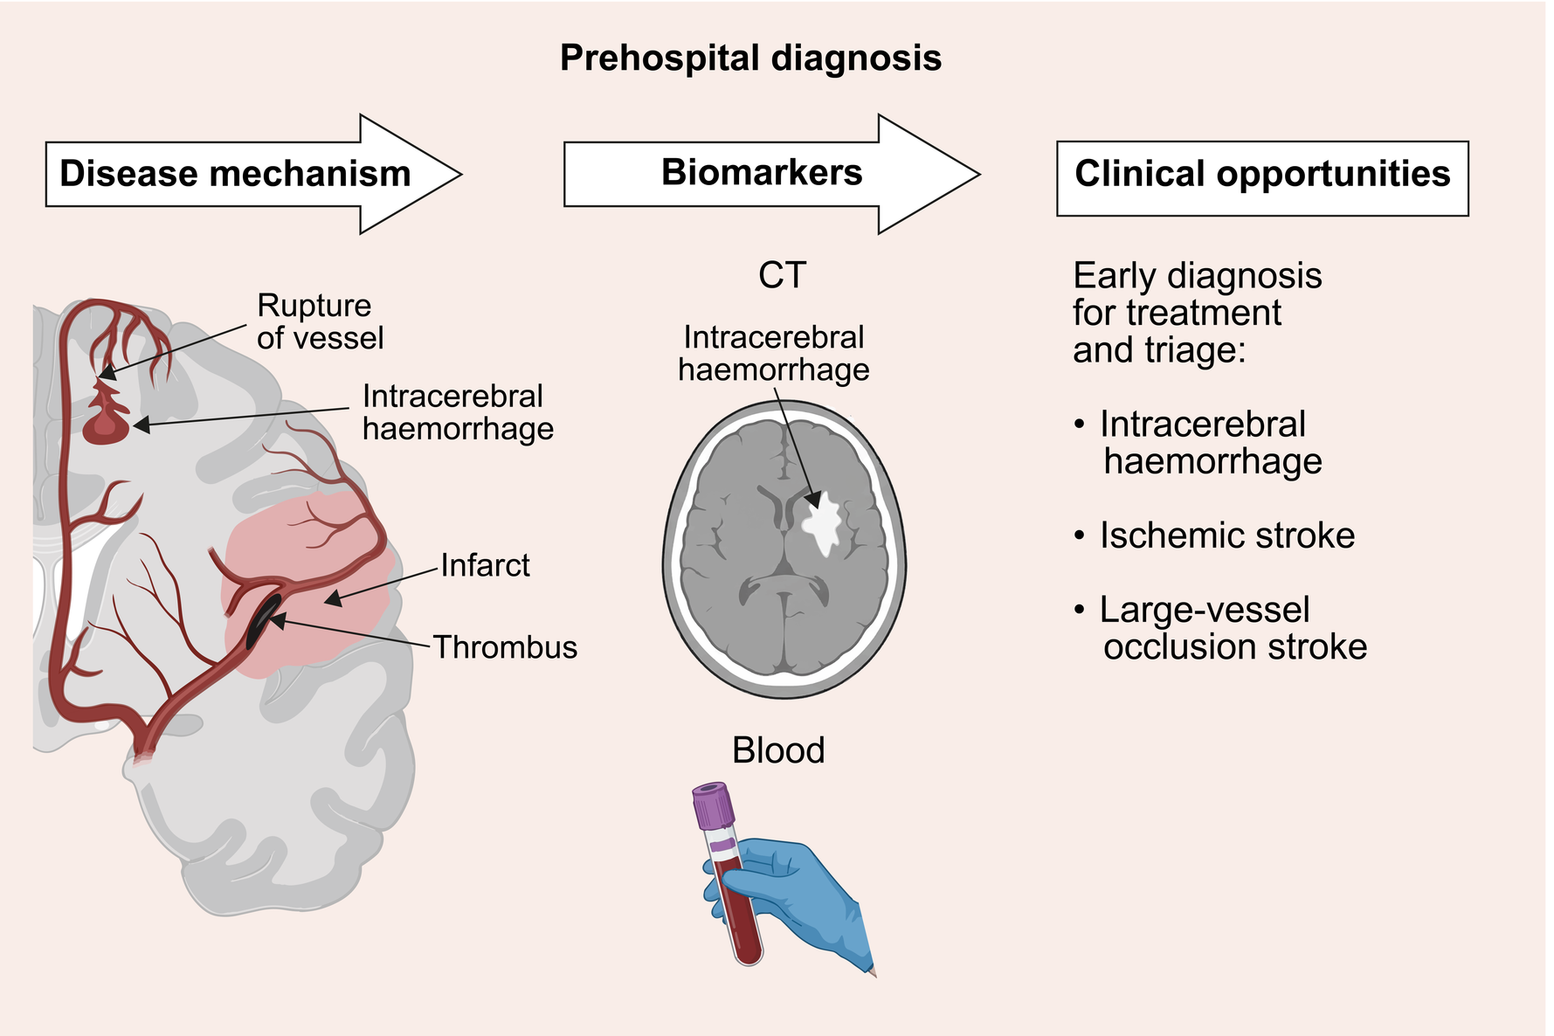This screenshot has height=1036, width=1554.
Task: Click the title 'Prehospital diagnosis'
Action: pos(750,59)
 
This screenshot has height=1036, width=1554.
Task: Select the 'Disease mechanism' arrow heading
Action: pos(235,174)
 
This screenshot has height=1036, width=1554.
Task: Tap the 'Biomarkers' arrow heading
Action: pos(762,172)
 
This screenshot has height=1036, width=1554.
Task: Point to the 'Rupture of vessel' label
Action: pos(320,321)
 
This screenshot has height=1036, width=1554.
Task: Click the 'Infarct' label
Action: pos(485,565)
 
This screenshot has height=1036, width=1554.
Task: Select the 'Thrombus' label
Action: pos(505,647)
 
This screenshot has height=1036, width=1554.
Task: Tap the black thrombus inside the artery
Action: pos(262,619)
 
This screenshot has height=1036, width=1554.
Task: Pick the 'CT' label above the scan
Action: pos(782,275)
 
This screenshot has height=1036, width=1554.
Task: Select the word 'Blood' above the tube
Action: pos(778,750)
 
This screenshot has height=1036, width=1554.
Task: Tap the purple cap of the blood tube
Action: pos(714,805)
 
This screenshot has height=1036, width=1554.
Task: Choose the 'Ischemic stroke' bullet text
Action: pos(1226,535)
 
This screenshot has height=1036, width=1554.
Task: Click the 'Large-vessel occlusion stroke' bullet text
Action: pos(1233,628)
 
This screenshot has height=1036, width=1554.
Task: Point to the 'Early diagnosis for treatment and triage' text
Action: pos(1197,313)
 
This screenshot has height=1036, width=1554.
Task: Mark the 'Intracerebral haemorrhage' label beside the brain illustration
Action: pos(457,412)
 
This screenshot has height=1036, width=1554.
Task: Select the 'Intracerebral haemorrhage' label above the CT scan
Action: pos(774,354)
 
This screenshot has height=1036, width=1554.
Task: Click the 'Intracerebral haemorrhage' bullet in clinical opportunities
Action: pos(1210,443)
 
